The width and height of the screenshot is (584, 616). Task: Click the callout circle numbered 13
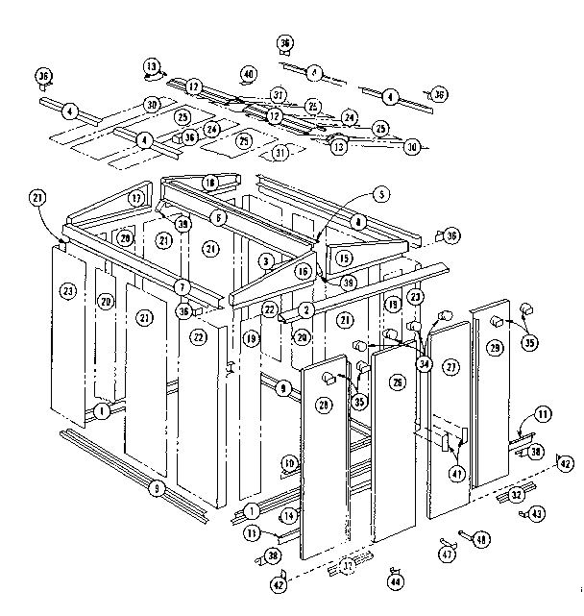(152, 66)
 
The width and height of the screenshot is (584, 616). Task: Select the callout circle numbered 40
(248, 74)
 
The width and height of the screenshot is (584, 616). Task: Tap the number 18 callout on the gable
(210, 183)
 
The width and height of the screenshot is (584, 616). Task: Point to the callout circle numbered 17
(136, 199)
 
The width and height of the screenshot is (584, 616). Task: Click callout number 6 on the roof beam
(219, 217)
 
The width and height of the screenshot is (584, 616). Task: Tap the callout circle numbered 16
(303, 272)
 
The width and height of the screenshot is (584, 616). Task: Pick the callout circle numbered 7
(181, 287)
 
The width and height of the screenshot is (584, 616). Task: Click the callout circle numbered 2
(305, 309)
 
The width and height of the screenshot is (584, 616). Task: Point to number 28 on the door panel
(323, 407)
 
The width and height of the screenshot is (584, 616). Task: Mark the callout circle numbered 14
(289, 517)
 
